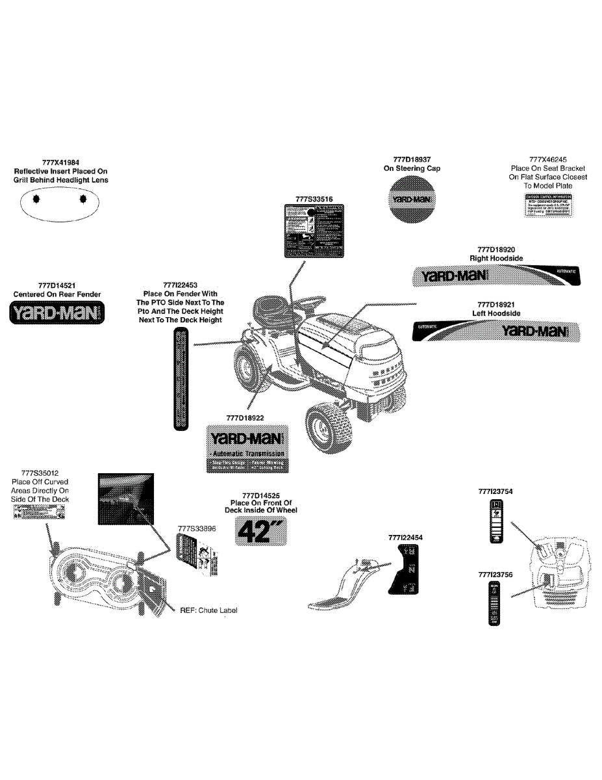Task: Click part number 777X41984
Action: pos(60,162)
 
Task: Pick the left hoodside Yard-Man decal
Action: pos(496,331)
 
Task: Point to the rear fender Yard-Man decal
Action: pos(57,313)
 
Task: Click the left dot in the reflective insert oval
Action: pos(36,199)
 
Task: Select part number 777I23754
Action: pos(494,492)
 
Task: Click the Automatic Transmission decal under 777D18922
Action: pos(246,448)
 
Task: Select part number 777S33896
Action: pos(196,528)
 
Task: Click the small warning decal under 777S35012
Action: pos(39,513)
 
